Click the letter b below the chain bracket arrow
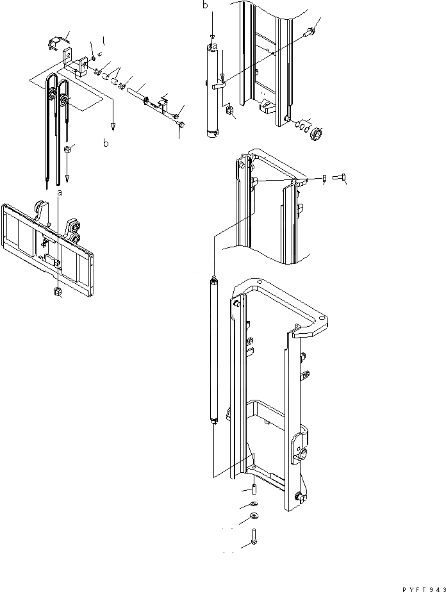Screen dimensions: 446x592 pyautogui.click(x=106, y=144)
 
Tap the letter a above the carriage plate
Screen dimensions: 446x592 pyautogui.click(x=60, y=192)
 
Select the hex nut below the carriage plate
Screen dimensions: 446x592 pyautogui.click(x=58, y=292)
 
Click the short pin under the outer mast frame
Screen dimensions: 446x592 pyautogui.click(x=254, y=491)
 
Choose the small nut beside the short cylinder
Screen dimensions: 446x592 pyautogui.click(x=227, y=111)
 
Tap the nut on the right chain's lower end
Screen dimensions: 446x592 pyautogui.click(x=67, y=149)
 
